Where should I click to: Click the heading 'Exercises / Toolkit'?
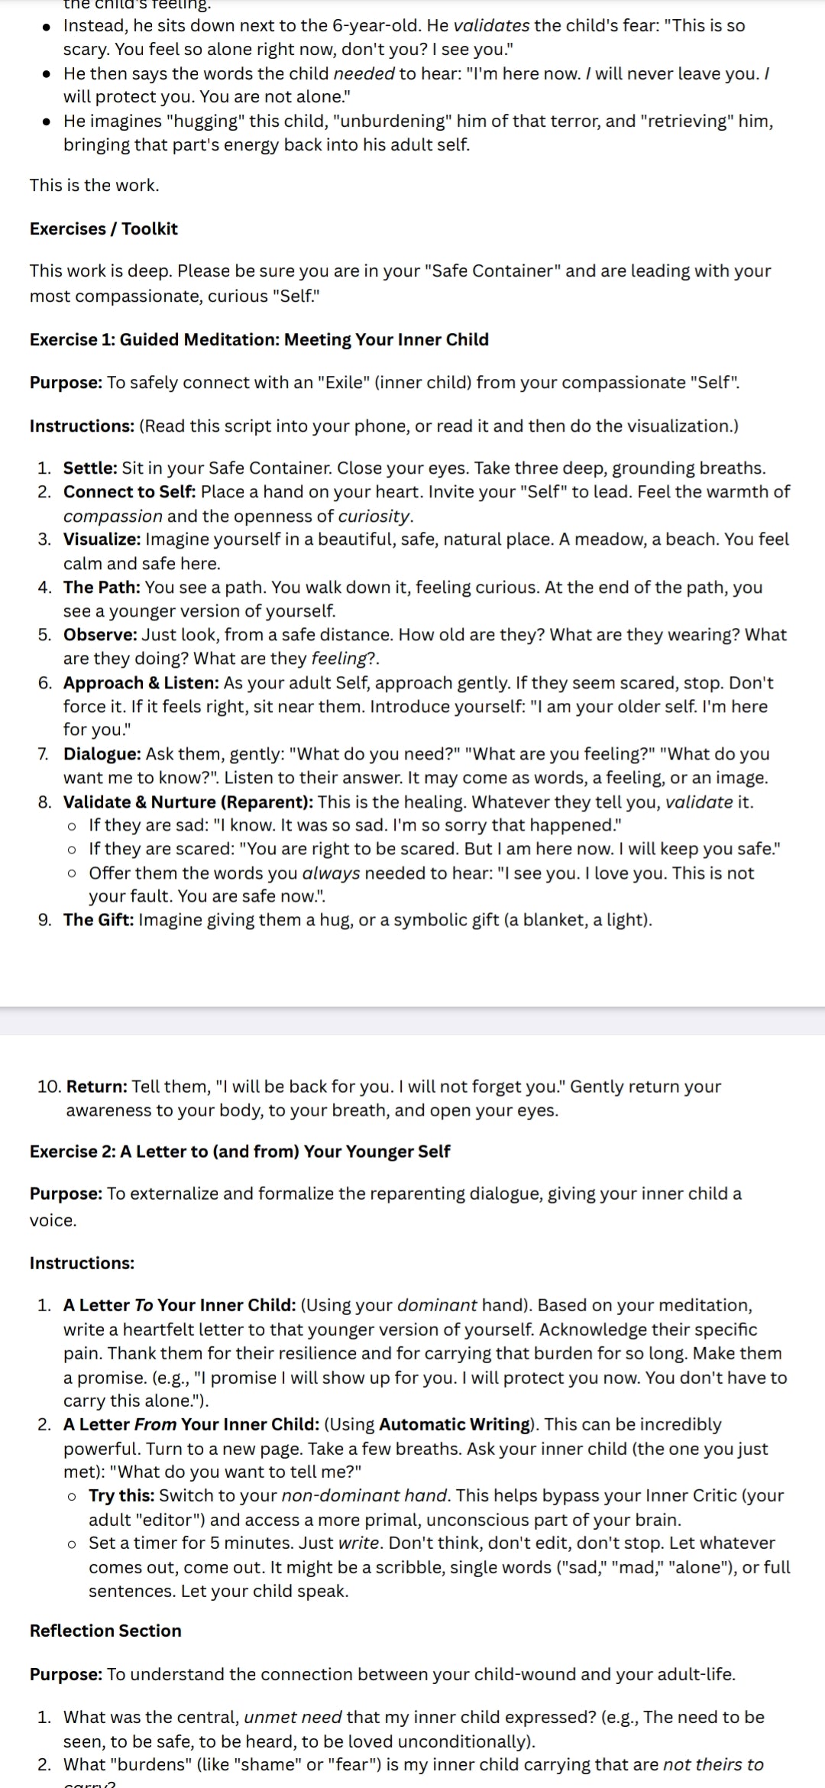coord(103,228)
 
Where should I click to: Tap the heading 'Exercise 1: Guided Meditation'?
coord(259,339)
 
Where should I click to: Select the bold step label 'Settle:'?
coord(90,468)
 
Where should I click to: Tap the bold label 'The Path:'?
coord(102,587)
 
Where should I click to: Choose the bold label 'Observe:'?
coord(100,634)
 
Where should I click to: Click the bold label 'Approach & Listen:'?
coord(141,682)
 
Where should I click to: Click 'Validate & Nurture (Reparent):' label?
coord(188,802)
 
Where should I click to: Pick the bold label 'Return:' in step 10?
coord(96,1086)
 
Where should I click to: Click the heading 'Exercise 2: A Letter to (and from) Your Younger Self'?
coord(240,1151)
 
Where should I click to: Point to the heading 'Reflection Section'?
coord(105,1630)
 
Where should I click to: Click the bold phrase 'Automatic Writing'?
coord(454,1424)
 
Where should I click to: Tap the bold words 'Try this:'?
coord(121,1495)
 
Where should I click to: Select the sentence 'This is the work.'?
coord(94,185)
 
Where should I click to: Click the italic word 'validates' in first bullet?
coord(491,25)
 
